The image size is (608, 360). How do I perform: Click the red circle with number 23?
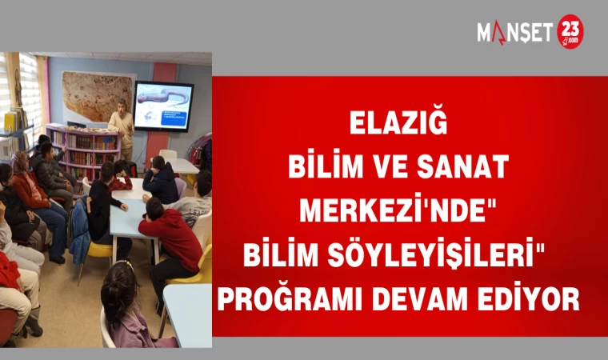[570, 32]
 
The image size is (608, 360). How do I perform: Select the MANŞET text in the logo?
[514, 33]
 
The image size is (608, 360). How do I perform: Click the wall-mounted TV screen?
[163, 106]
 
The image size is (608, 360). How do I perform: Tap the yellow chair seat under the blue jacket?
[98, 250]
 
